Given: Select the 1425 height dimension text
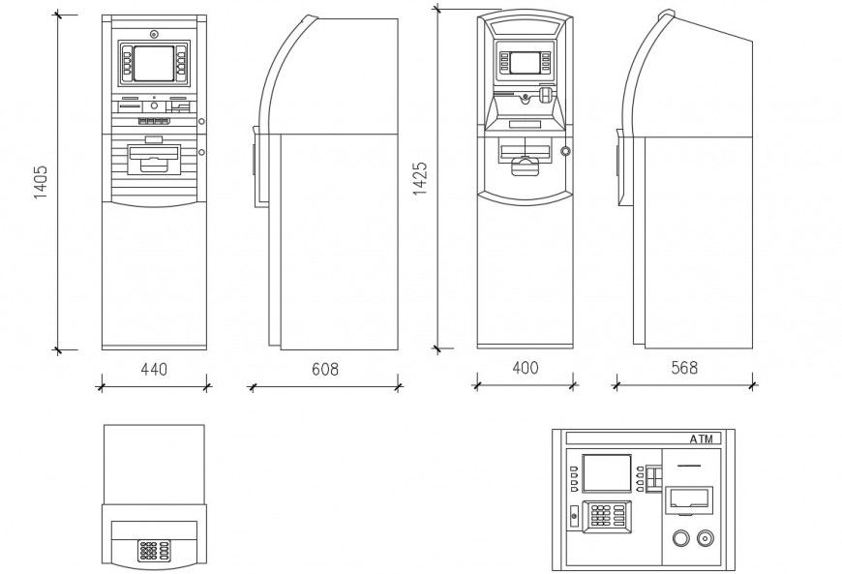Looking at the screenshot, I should [421, 178].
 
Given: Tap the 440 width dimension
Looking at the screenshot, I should [155, 369].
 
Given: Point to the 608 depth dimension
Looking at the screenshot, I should [325, 369].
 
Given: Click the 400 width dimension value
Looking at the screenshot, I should [526, 368].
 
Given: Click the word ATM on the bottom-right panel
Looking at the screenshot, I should [703, 439].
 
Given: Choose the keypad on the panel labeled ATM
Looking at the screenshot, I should [606, 517].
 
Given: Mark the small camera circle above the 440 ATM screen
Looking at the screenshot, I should [153, 35].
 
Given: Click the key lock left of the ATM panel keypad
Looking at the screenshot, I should [574, 515].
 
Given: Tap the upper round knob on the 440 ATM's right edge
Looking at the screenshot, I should [202, 121].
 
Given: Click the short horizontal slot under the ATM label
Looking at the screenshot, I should [688, 465].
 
